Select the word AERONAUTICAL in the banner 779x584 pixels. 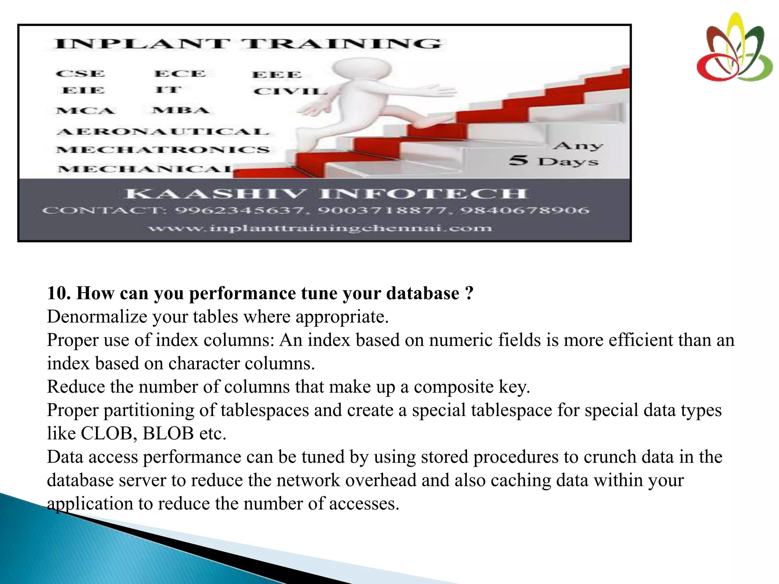click(163, 132)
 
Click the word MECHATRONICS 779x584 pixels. click(163, 150)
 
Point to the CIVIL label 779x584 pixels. click(290, 91)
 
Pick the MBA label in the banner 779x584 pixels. click(181, 111)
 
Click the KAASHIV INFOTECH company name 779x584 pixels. click(325, 194)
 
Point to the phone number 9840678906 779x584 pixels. click(525, 210)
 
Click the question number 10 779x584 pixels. click(59, 293)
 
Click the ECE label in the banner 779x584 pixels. click(180, 74)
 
